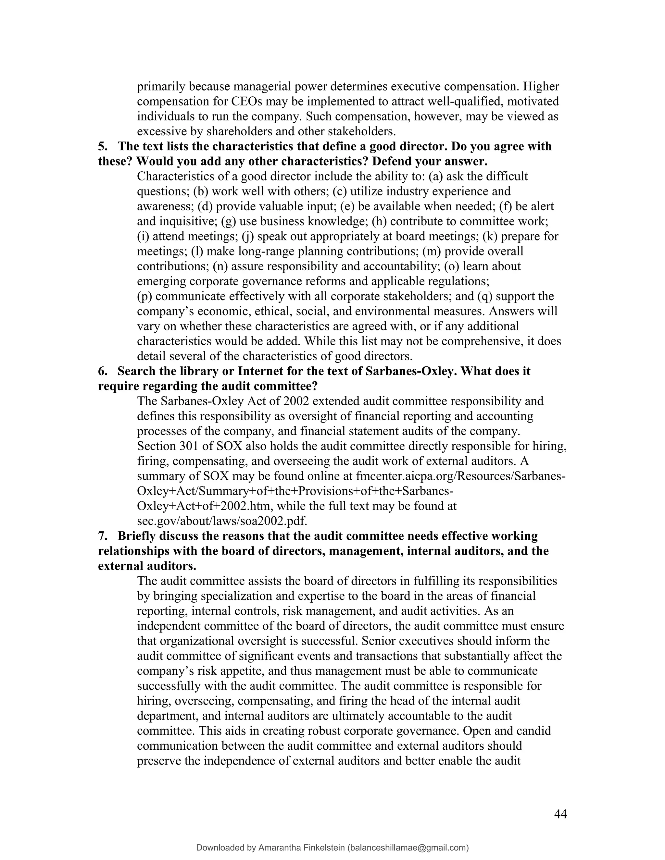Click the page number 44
coord(560,814)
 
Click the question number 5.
coord(102,146)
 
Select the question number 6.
coord(102,371)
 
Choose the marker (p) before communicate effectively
coord(144,297)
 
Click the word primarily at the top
coord(161,87)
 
